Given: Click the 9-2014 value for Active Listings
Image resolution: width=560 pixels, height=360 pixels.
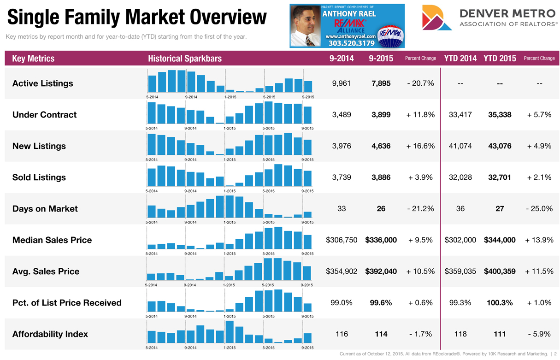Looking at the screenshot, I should pyautogui.click(x=342, y=83).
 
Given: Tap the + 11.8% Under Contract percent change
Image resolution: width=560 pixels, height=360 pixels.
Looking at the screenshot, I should pyautogui.click(x=420, y=115).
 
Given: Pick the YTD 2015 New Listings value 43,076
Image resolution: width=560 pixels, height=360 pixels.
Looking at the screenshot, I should pyautogui.click(x=500, y=146).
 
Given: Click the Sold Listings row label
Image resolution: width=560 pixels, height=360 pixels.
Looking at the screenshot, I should pyautogui.click(x=39, y=177).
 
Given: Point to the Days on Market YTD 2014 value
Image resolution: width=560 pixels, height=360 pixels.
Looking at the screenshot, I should pyautogui.click(x=460, y=209).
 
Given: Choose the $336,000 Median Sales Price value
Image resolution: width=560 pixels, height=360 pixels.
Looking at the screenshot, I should pyautogui.click(x=381, y=240).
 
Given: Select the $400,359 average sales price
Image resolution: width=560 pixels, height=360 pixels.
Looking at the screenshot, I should pyautogui.click(x=500, y=271).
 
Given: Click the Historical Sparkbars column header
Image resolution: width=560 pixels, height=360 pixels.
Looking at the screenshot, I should pyautogui.click(x=185, y=59).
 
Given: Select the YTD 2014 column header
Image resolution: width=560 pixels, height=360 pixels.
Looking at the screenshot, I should pyautogui.click(x=460, y=59).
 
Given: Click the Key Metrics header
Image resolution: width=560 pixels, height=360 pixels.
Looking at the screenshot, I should pyautogui.click(x=33, y=59).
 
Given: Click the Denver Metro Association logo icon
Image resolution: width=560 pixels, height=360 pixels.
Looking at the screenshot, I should pyautogui.click(x=433, y=18).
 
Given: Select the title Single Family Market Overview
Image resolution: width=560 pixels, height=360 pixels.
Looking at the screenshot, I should pyautogui.click(x=137, y=18).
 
